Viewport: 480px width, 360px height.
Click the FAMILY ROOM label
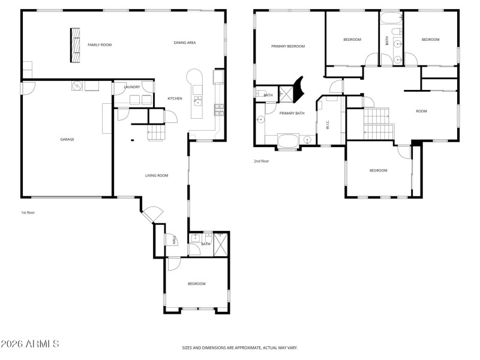pos(100,45)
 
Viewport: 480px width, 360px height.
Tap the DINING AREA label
pos(185,43)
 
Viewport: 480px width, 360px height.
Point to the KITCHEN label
pos(175,98)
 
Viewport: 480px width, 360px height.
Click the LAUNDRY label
pos(132,87)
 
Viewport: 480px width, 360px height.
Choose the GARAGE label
pos(67,139)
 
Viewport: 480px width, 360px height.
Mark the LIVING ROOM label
pos(157,176)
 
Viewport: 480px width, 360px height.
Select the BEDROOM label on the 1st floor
pos(196,284)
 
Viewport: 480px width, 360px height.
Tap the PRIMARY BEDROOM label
pos(288,46)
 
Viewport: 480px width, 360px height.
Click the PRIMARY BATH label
pos(292,113)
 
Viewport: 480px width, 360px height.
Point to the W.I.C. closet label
pos(328,125)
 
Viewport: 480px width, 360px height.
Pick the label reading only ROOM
pos(422,111)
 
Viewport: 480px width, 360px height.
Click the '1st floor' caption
pos(28,212)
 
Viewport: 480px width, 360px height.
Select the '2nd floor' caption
pos(261,161)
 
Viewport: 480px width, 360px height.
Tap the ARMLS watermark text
pos(30,344)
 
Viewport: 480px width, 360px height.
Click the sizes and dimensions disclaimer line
pos(240,347)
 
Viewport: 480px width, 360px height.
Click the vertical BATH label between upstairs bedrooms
pos(387,41)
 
